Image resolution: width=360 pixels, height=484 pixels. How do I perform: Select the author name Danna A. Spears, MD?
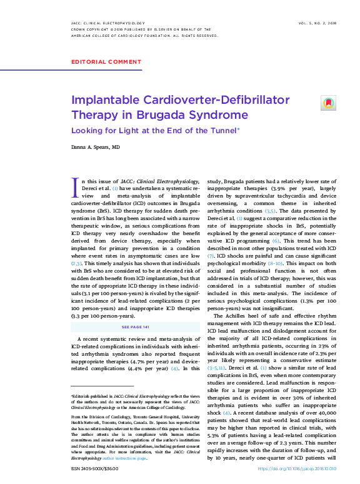tap(95, 148)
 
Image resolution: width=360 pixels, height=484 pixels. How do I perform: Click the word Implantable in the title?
tap(101, 100)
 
